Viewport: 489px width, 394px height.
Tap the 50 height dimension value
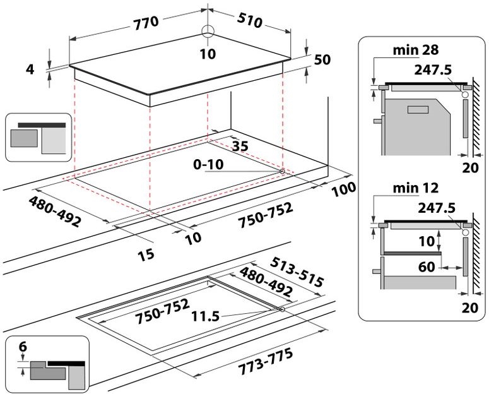coord(322,59)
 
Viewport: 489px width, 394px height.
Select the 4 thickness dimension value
coord(29,69)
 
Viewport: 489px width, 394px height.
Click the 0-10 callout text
coord(209,164)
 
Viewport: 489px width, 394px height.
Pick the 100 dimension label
coord(341,188)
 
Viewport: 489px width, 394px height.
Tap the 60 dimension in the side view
coord(427,267)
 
